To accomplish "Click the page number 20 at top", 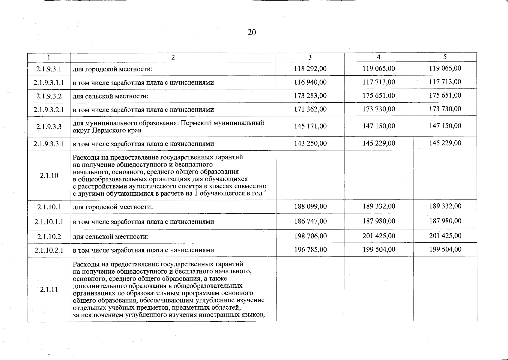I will pyautogui.click(x=252, y=32).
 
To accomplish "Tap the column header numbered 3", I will pyautogui.click(x=310, y=57).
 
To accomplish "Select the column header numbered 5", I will pyautogui.click(x=445, y=57).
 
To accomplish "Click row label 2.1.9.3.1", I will pyautogui.click(x=49, y=69).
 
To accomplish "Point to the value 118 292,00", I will pyautogui.click(x=310, y=69).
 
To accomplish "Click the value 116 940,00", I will pyautogui.click(x=310, y=82).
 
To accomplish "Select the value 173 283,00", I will pyautogui.click(x=310, y=96).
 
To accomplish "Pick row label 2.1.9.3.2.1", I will pyautogui.click(x=49, y=109).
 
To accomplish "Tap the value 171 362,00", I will pyautogui.click(x=310, y=109).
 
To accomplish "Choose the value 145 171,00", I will pyautogui.click(x=310, y=126).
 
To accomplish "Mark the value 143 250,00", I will pyautogui.click(x=310, y=143).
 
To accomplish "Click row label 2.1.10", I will pyautogui.click(x=49, y=175).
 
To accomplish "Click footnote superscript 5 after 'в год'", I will pyautogui.click(x=265, y=191).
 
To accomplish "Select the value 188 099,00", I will pyautogui.click(x=310, y=206).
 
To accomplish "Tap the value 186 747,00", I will pyautogui.click(x=310, y=221).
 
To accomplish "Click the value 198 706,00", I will pyautogui.click(x=310, y=236).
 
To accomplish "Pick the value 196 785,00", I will pyautogui.click(x=310, y=250).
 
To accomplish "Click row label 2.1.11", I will pyautogui.click(x=49, y=289).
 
